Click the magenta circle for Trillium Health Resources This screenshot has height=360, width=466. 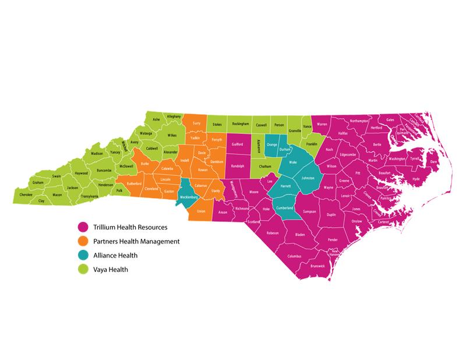[x=83, y=227]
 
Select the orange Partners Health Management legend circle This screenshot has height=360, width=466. [x=83, y=241]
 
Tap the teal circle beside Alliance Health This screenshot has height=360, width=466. [x=83, y=255]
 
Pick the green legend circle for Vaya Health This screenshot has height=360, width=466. [x=83, y=269]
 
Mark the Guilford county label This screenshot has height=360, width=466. [x=237, y=143]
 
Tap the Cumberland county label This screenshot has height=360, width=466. [x=284, y=207]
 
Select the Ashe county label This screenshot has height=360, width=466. [x=156, y=119]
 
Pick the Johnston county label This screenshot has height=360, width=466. [x=308, y=178]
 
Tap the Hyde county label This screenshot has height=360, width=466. [x=415, y=179]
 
